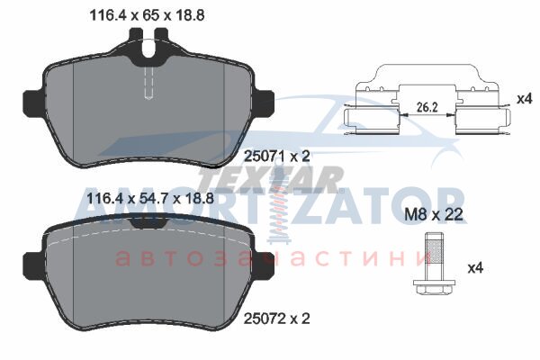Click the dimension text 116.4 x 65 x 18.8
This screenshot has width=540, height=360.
147,15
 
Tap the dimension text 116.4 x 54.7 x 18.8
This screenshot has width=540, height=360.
150,199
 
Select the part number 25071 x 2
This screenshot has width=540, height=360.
277,157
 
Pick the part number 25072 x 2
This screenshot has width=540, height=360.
277,319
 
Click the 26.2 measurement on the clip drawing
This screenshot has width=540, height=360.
427,107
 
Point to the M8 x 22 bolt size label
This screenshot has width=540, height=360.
433,214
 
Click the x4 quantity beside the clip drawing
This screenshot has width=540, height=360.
525,100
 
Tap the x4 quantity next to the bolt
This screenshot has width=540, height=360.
475,267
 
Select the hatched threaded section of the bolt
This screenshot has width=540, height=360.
434,251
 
